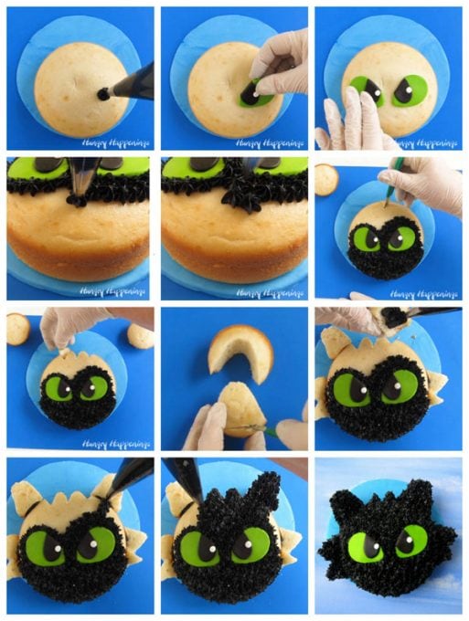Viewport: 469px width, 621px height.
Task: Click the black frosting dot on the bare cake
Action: (x=103, y=93)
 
